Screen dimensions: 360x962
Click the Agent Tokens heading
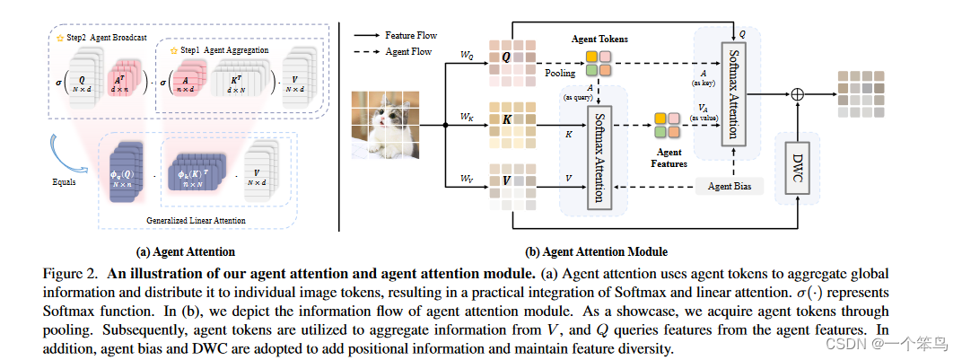(600, 40)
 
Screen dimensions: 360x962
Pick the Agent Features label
(669, 158)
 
